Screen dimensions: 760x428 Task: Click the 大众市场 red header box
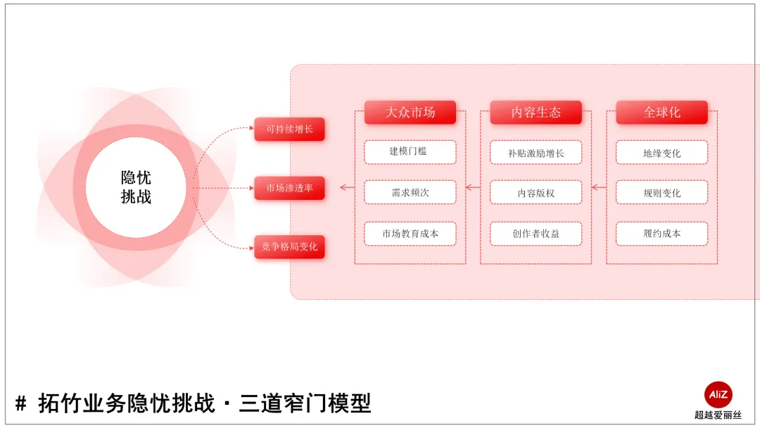point(410,113)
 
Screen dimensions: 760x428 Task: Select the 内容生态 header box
point(536,113)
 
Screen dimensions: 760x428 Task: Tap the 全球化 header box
point(661,113)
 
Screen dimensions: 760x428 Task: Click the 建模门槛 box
point(410,152)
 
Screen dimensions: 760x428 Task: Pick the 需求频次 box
point(410,192)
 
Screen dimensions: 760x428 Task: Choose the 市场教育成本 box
point(410,234)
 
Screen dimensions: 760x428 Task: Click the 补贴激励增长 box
point(536,152)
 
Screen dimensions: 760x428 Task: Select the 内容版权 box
point(536,192)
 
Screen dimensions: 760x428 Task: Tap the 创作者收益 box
point(536,234)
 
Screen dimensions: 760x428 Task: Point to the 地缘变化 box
point(661,152)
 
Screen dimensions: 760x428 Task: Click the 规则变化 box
point(661,192)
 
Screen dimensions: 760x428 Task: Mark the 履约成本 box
point(661,234)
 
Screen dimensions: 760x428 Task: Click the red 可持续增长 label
point(289,129)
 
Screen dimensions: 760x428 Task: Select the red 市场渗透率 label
point(289,188)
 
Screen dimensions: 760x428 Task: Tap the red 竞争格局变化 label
point(289,247)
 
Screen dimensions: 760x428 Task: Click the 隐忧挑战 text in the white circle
point(136,187)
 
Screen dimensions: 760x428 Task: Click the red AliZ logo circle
point(718,395)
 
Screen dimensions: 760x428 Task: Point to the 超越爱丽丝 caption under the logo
point(718,415)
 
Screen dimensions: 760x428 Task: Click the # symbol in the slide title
point(21,404)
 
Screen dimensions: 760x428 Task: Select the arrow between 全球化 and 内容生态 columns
point(599,188)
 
